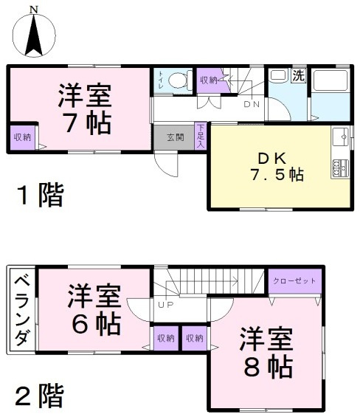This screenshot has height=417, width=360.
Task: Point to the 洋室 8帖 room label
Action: (266, 351)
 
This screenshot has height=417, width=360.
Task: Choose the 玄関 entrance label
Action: (175, 137)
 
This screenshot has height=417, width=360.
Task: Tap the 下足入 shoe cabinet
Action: (200, 137)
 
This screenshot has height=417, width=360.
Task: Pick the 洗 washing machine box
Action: (298, 75)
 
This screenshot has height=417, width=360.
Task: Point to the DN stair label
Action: (252, 104)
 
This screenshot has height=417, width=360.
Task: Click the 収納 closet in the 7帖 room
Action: (22, 137)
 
